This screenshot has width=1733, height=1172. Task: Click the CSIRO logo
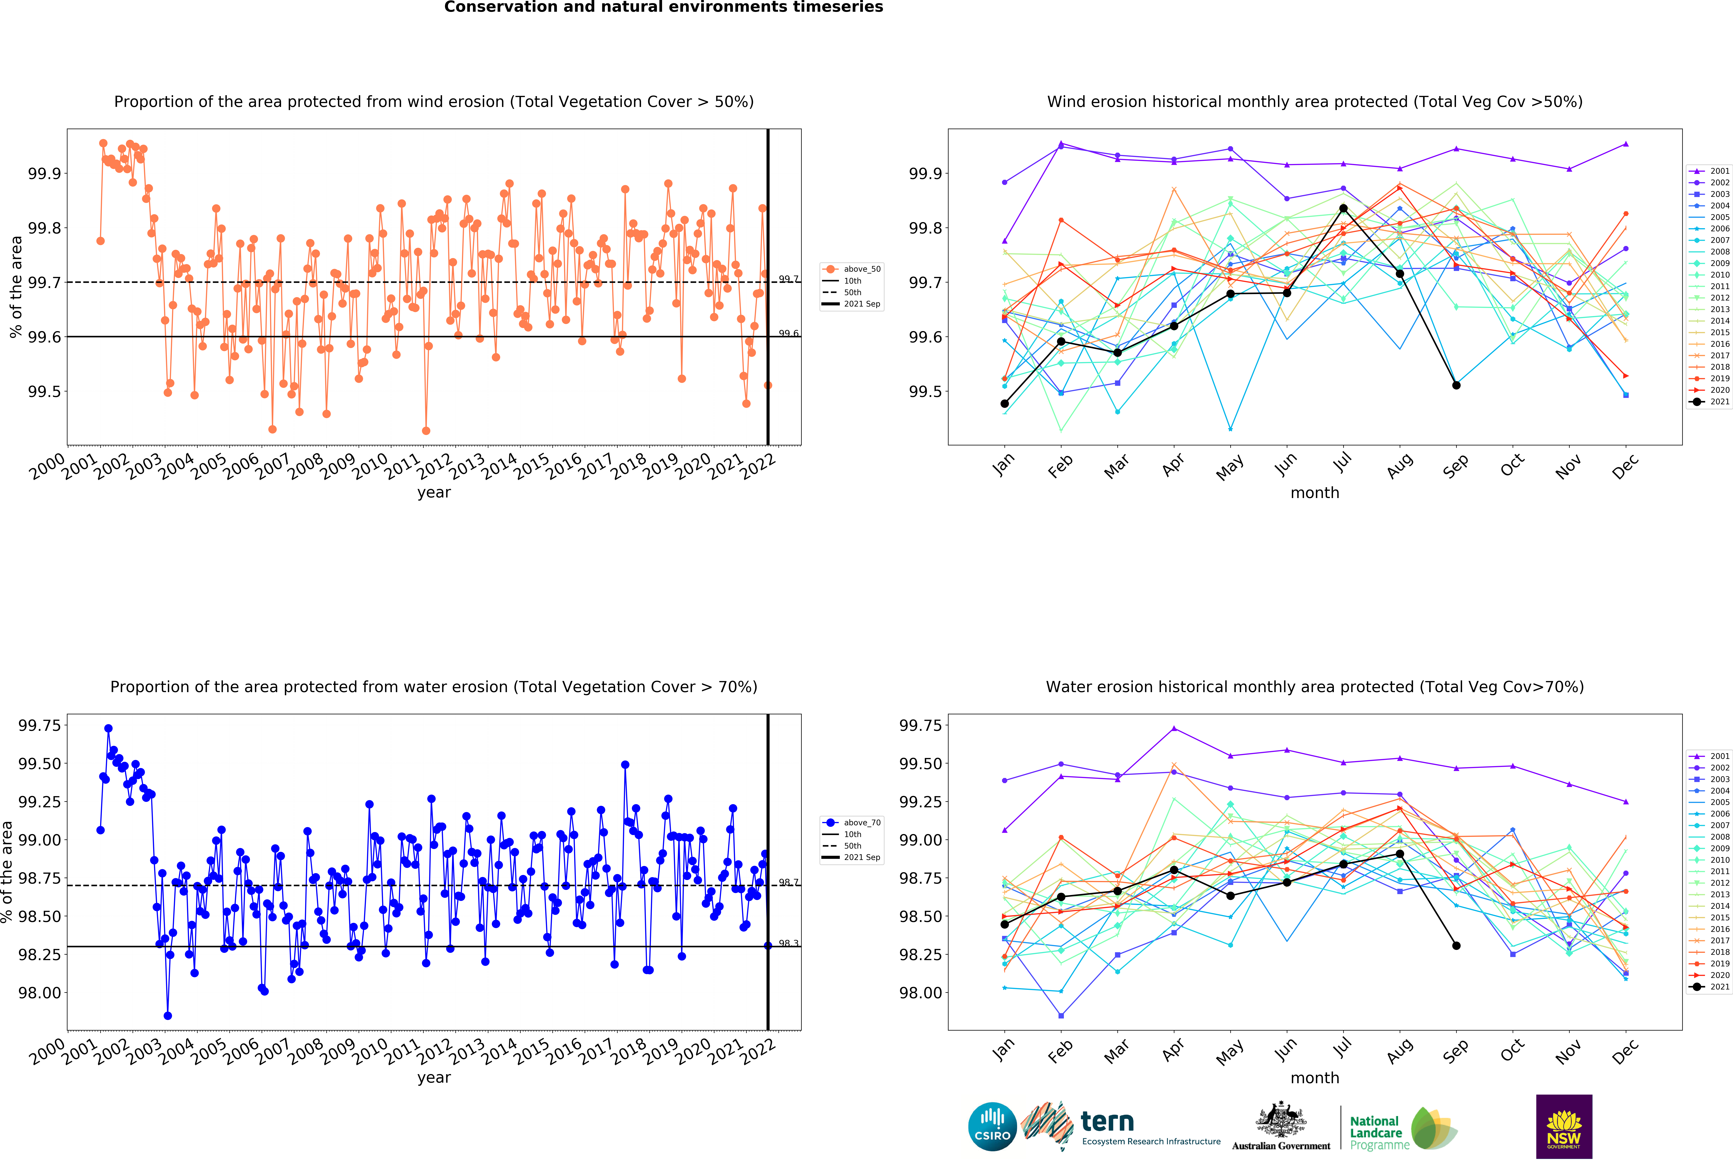pos(993,1127)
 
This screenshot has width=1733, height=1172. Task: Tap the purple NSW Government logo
pos(1564,1127)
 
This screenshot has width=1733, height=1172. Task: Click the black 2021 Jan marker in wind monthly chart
pos(1004,404)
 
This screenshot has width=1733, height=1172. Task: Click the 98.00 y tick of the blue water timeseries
pos(40,993)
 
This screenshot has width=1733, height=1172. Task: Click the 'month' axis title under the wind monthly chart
pos(1315,493)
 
